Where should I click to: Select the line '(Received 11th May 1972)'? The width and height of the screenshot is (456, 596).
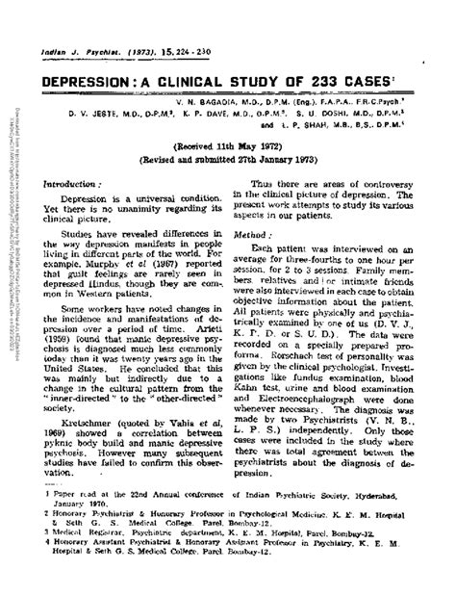pyautogui.click(x=230, y=138)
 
